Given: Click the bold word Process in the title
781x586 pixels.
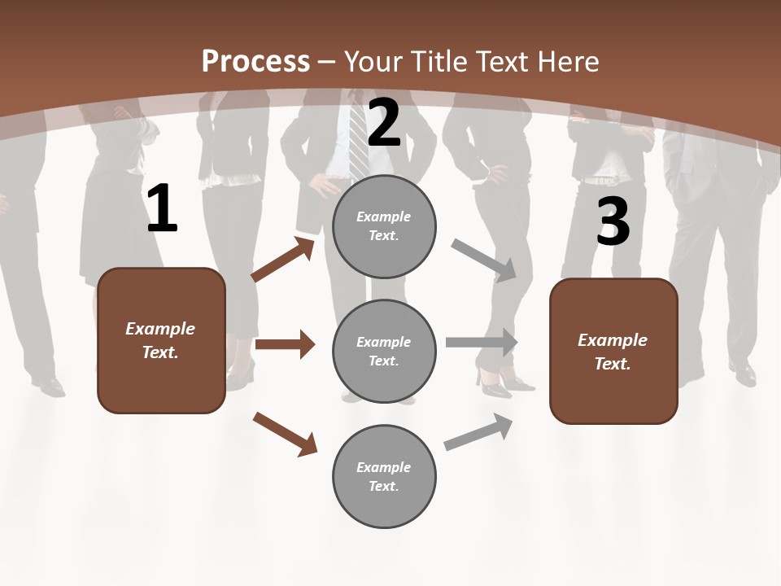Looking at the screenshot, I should (x=255, y=61).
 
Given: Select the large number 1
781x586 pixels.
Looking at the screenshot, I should (x=162, y=209).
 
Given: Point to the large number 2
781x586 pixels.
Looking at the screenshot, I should (x=384, y=123).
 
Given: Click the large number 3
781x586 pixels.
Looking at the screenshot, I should (x=613, y=221).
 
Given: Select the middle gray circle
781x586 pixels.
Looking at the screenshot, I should (x=384, y=352).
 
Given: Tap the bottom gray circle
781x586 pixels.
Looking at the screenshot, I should (x=384, y=476).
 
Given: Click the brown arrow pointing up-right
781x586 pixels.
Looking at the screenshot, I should (x=282, y=260).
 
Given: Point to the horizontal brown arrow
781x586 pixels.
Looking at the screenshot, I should (x=285, y=344).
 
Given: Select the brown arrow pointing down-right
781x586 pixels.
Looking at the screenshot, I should (x=285, y=433).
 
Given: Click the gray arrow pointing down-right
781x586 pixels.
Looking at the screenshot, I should (x=484, y=260).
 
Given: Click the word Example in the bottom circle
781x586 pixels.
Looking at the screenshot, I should (x=384, y=467).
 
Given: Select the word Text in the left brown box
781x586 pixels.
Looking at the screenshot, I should (x=159, y=352).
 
